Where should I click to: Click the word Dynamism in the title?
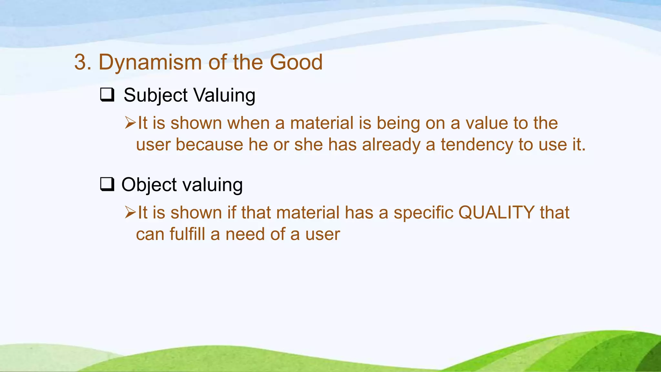click(x=150, y=62)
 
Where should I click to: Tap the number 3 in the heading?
click(x=80, y=62)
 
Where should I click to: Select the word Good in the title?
click(x=296, y=62)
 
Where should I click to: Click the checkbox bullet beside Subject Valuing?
click(x=107, y=95)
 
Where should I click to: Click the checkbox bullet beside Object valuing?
click(x=107, y=185)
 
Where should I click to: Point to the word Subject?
click(x=155, y=96)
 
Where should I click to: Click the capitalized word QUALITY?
click(x=496, y=213)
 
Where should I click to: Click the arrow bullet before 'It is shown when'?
click(x=130, y=123)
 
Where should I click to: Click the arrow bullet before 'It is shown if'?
click(x=130, y=212)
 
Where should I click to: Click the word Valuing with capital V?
click(x=224, y=96)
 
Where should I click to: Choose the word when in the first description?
click(x=248, y=123)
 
